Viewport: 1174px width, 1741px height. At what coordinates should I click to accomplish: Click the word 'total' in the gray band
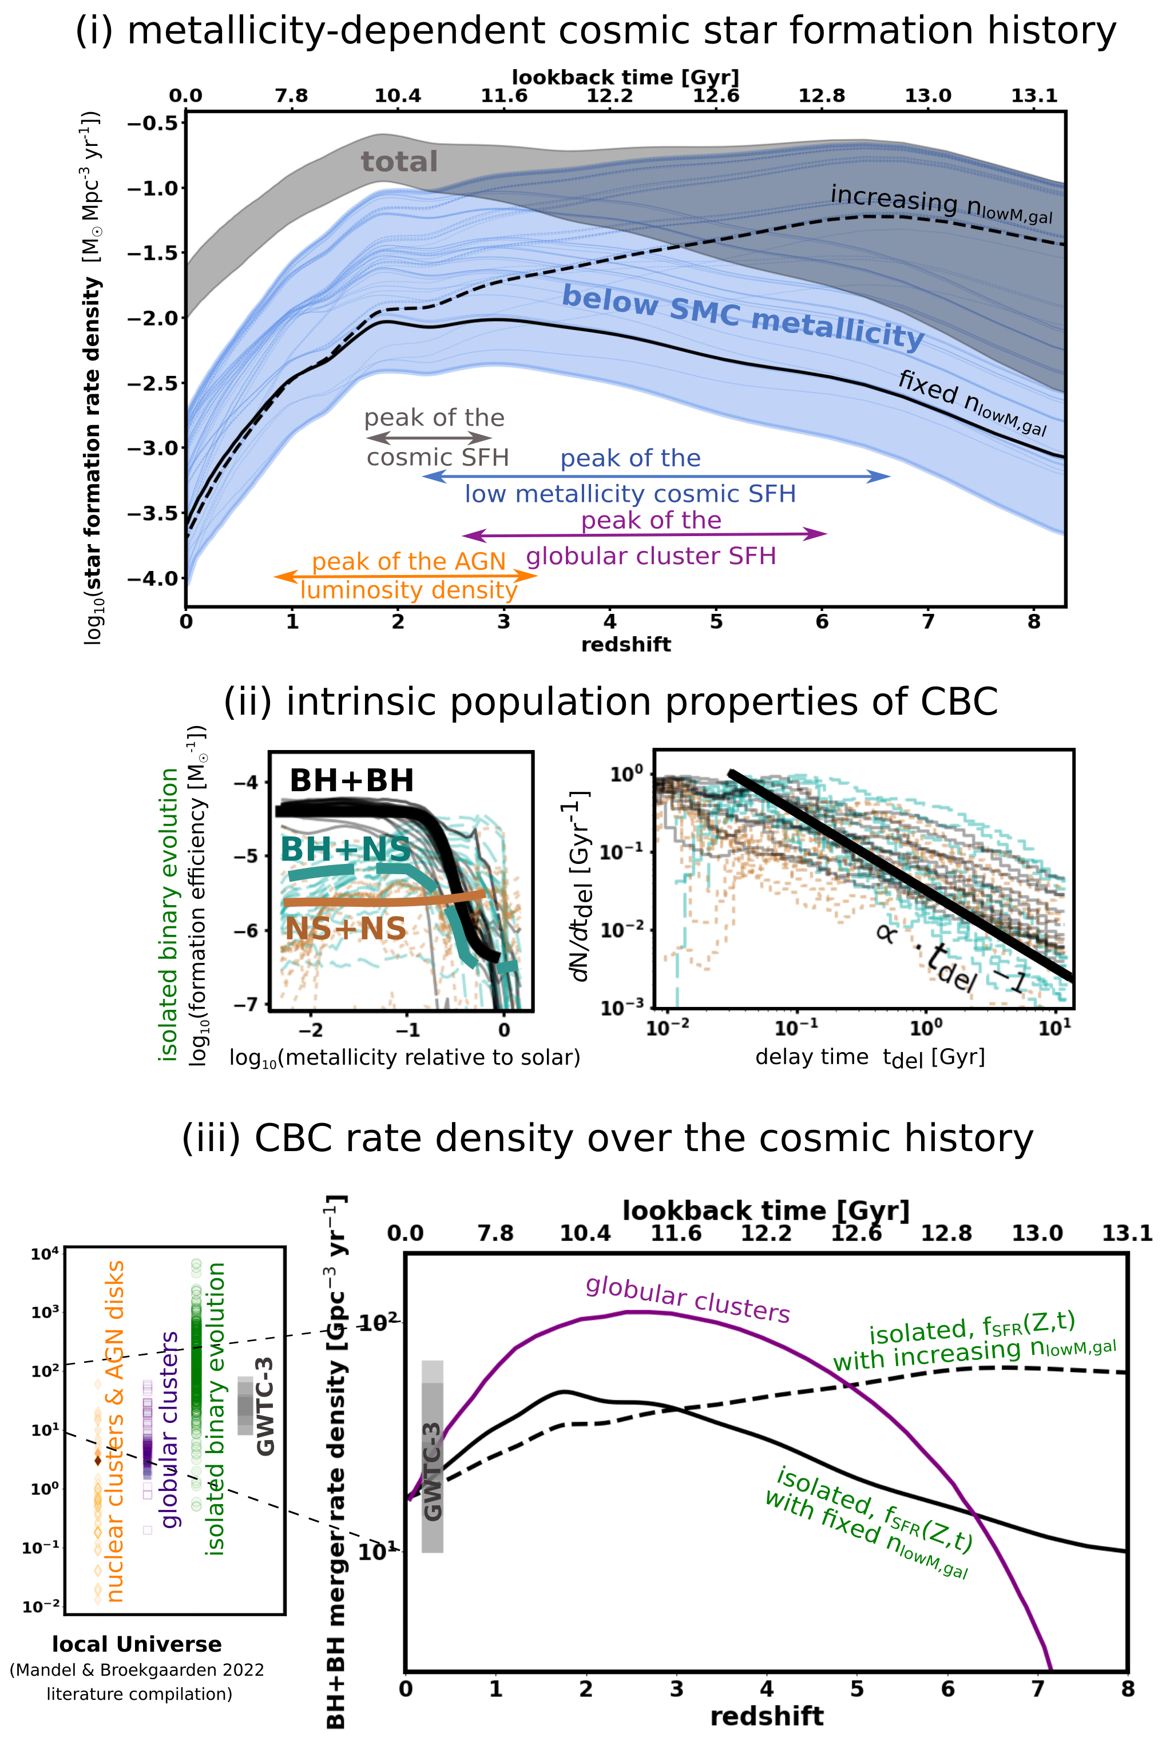click(x=399, y=162)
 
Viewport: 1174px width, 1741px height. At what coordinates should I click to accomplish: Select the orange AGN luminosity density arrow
click(x=405, y=576)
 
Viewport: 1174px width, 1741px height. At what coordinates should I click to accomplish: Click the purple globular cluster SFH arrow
click(x=645, y=534)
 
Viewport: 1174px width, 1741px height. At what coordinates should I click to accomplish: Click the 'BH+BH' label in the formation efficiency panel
click(x=351, y=781)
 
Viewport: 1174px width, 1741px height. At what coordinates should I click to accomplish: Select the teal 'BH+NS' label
click(x=345, y=849)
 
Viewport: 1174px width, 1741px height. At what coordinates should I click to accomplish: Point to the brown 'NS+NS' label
click(x=345, y=929)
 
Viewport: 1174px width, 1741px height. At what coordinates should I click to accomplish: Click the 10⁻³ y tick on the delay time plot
click(x=621, y=1008)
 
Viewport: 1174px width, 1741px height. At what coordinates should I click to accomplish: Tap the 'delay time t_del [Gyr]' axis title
click(x=869, y=1057)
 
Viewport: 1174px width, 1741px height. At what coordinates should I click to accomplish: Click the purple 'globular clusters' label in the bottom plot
click(x=687, y=1300)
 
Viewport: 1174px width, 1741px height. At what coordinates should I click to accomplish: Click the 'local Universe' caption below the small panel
click(x=137, y=1644)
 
